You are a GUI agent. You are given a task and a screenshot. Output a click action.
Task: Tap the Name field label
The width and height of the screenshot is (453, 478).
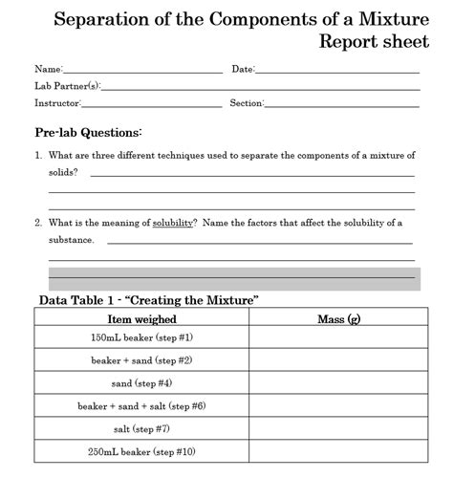48,70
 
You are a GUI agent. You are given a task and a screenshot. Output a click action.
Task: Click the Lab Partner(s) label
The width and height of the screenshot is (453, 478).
60,86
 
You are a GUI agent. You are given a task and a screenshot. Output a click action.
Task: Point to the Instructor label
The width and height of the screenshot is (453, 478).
57,103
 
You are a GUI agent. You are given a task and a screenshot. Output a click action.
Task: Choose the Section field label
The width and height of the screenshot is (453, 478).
247,103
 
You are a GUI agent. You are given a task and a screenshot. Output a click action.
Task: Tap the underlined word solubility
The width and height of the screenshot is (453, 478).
172,223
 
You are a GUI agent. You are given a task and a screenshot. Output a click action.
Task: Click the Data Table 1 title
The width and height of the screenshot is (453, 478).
149,300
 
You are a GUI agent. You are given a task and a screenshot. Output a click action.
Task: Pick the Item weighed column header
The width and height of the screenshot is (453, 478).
141,318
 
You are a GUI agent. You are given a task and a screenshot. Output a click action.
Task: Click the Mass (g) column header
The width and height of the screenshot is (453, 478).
338,318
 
